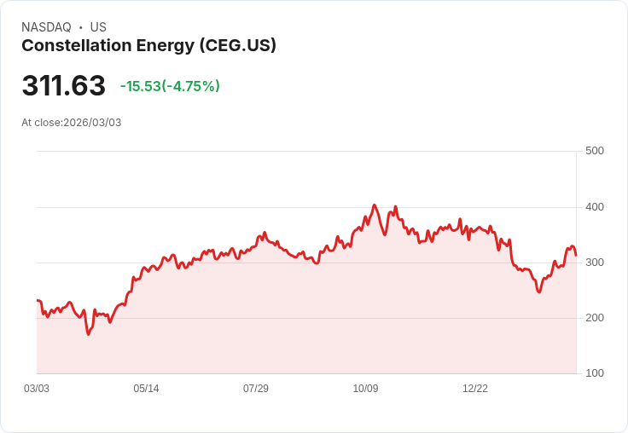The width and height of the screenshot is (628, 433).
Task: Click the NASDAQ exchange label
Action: click(46, 27)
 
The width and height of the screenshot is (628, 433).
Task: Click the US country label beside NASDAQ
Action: click(98, 27)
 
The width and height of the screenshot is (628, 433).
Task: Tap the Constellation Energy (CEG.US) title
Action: click(148, 46)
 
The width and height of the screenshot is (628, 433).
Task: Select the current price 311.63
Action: click(63, 86)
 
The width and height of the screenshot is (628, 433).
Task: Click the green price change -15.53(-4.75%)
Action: click(170, 86)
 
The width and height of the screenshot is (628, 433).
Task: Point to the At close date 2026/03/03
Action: click(72, 123)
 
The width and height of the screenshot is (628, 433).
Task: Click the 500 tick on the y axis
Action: click(594, 151)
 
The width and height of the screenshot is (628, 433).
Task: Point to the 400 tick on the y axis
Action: click(594, 207)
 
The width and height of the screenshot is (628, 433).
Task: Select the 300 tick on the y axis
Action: click(594, 263)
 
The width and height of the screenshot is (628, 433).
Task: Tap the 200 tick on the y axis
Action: click(594, 318)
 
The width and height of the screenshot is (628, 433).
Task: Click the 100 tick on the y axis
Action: click(594, 373)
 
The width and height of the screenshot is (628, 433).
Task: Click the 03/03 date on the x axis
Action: click(37, 389)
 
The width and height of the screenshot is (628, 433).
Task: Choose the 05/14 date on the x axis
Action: click(146, 389)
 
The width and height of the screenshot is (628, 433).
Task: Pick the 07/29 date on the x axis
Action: click(256, 389)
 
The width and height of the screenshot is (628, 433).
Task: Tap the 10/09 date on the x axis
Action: click(365, 389)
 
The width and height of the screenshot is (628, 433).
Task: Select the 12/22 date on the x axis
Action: click(475, 389)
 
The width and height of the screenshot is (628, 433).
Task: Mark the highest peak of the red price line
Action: click(374, 205)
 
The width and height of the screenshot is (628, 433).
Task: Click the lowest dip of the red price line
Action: click(88, 334)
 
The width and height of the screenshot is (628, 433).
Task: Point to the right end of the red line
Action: click(576, 255)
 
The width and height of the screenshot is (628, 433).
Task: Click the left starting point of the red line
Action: click(38, 300)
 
